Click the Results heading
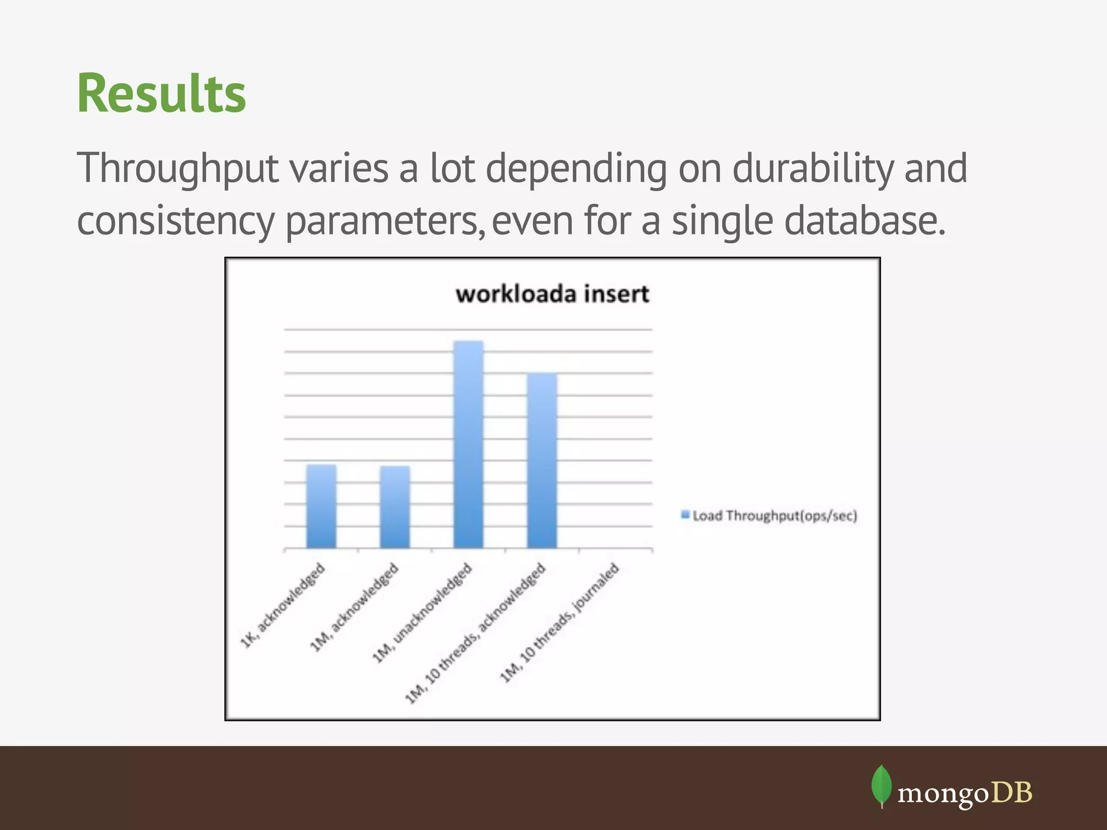tap(161, 93)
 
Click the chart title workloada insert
tap(552, 294)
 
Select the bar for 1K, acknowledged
tap(321, 506)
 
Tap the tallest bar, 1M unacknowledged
tap(468, 444)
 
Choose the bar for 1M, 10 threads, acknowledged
tap(542, 460)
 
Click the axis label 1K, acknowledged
tap(283, 605)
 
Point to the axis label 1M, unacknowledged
tap(422, 613)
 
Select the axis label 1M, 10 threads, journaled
tap(559, 622)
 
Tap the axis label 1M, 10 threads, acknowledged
tap(476, 633)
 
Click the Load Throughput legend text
tap(775, 516)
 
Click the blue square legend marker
tap(685, 514)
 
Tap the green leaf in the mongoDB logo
tap(881, 785)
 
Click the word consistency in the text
tap(176, 221)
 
